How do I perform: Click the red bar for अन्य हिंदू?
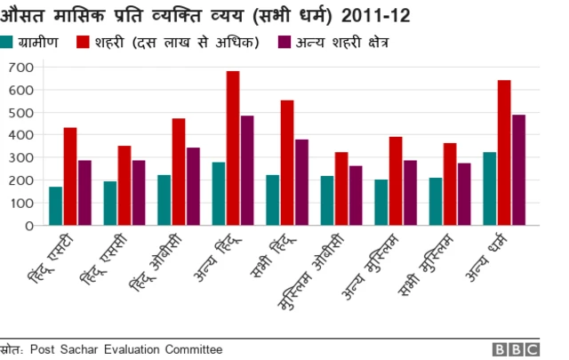point(233,148)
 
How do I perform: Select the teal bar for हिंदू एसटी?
point(55,206)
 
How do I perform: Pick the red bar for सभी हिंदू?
point(287,163)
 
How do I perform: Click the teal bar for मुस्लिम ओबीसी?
point(327,201)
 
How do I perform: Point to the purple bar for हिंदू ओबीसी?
point(193,187)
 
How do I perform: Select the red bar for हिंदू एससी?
point(124,186)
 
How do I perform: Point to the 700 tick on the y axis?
point(20,68)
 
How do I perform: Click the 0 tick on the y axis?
point(28,226)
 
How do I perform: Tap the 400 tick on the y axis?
point(20,135)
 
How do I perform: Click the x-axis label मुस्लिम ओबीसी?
point(321,271)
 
